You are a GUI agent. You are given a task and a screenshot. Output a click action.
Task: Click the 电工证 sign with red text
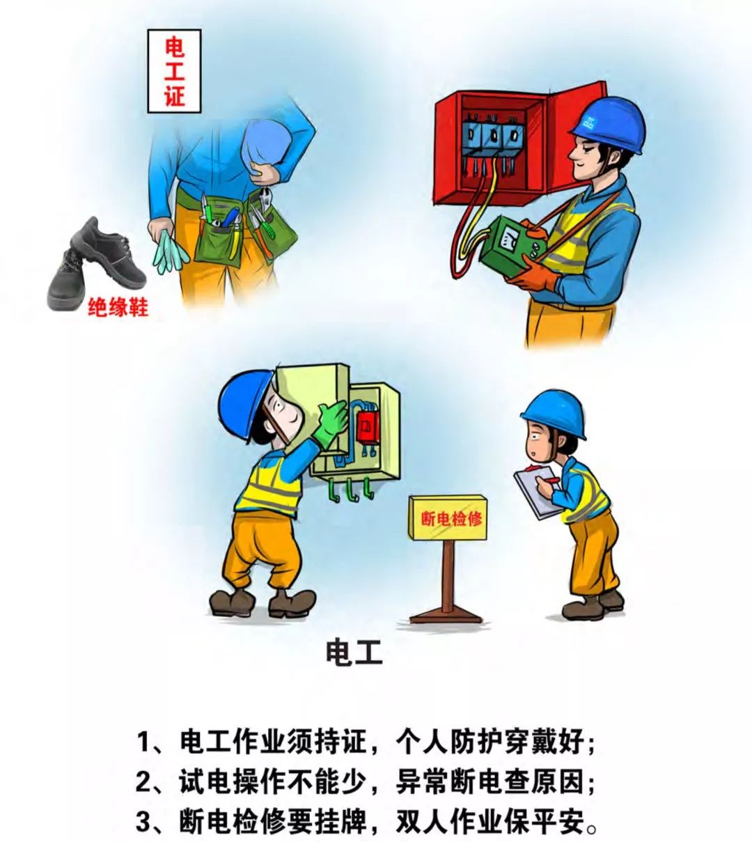click(174, 72)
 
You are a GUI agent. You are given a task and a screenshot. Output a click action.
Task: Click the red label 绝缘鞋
click(118, 307)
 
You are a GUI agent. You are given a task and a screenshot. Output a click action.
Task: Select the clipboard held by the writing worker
click(536, 492)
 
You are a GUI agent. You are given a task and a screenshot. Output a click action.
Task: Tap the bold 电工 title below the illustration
click(354, 653)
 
